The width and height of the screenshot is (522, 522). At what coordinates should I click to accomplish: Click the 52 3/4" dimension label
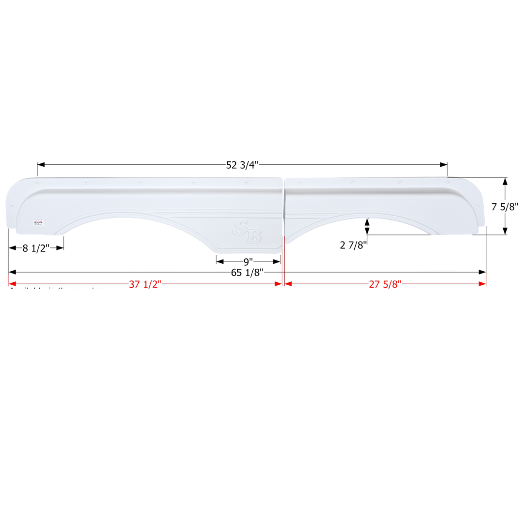click(x=242, y=165)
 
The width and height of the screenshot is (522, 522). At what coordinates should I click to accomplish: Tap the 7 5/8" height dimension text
click(x=505, y=206)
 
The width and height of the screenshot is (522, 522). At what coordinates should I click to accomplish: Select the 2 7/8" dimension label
click(x=354, y=245)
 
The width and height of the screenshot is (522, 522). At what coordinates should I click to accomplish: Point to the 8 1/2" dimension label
click(x=36, y=248)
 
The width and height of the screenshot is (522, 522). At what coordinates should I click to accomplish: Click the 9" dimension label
click(x=248, y=262)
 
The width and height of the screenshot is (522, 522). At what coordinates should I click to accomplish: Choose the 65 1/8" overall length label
click(x=246, y=273)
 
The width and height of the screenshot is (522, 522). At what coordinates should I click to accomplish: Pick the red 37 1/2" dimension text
click(x=145, y=284)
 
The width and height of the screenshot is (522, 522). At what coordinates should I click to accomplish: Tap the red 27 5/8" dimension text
click(x=385, y=284)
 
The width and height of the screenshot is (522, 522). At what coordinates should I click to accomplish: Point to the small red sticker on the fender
click(x=37, y=222)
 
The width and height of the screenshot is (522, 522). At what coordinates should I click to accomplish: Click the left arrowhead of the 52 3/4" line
click(x=41, y=165)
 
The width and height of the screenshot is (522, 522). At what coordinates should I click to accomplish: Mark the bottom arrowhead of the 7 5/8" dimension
click(x=505, y=231)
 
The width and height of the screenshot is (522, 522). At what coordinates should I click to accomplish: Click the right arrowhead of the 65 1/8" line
click(x=482, y=273)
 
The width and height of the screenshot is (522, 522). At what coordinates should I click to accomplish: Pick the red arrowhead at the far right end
click(x=482, y=284)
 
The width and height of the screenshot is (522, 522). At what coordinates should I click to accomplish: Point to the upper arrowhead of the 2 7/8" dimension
click(x=367, y=222)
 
